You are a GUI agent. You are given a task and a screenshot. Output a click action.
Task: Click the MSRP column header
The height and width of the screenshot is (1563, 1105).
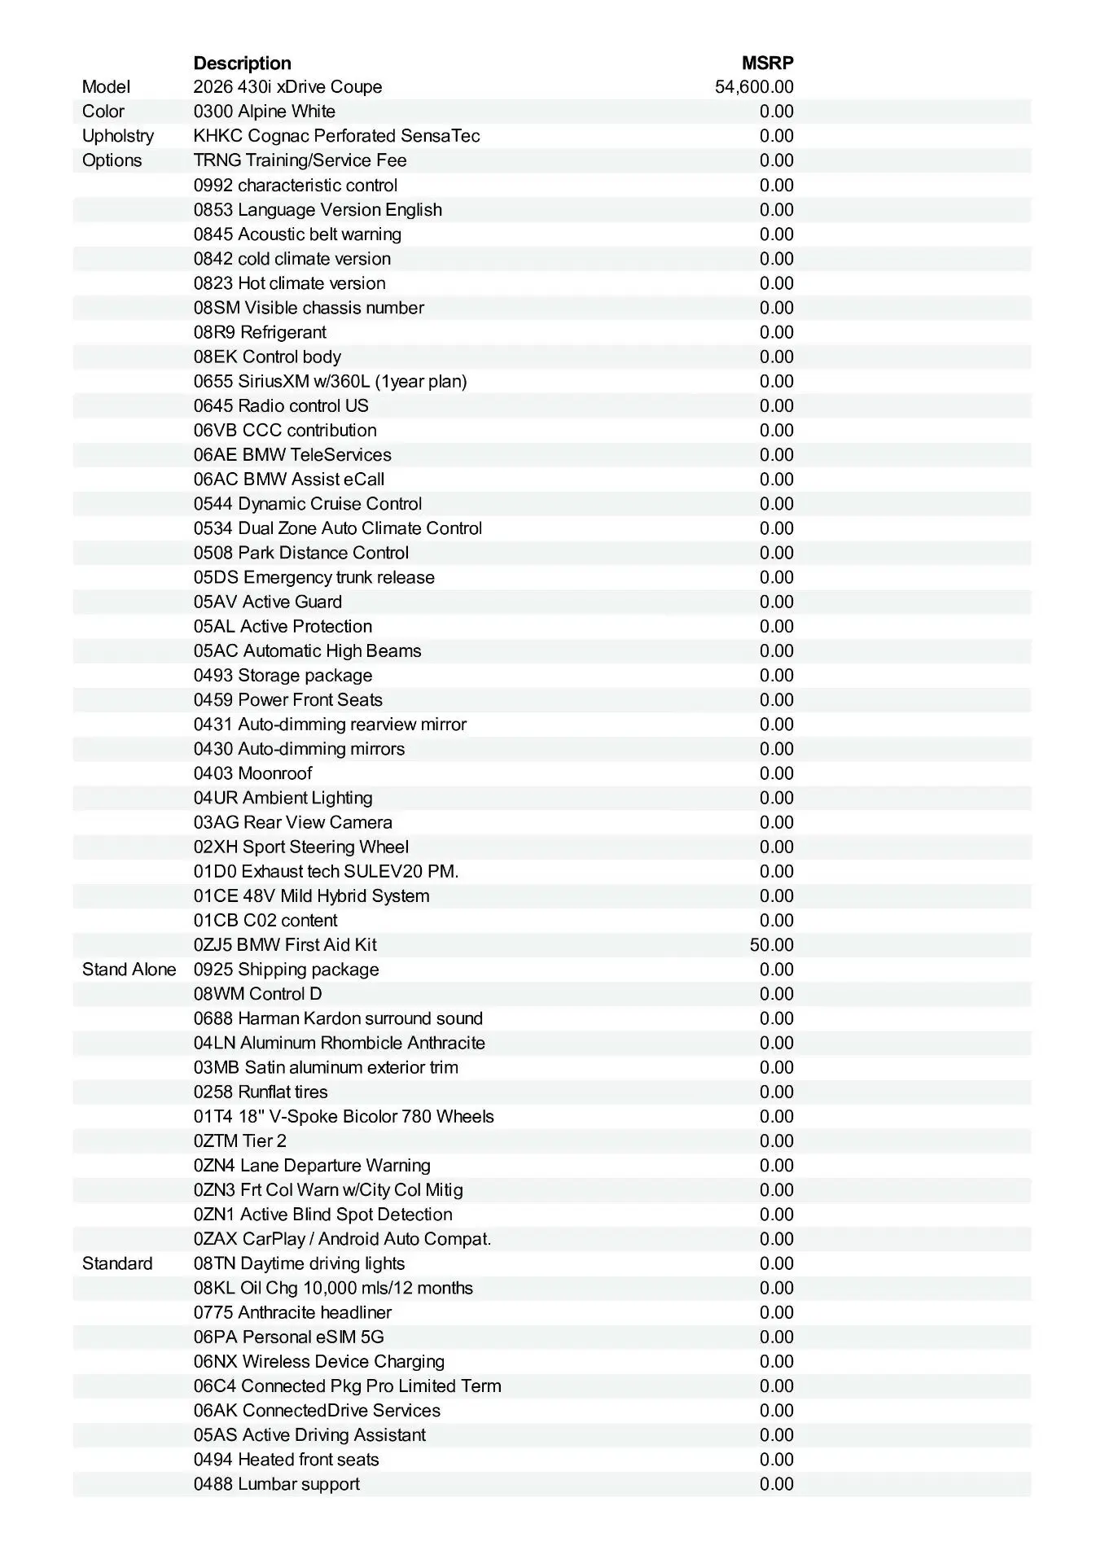767,63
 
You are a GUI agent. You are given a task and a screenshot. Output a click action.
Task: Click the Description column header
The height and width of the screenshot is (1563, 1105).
242,63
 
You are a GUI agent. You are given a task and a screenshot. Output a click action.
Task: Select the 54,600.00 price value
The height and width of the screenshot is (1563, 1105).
754,87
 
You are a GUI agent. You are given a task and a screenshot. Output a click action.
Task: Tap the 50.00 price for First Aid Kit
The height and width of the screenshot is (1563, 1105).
771,945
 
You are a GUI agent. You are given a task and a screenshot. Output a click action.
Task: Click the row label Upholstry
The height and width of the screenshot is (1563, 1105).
118,136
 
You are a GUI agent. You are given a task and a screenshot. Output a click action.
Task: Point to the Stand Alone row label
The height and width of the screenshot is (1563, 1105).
129,970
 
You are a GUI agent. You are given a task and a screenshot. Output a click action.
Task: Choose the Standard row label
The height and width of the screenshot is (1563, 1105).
117,1263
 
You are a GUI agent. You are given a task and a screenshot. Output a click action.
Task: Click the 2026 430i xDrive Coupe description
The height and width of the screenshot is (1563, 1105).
287,87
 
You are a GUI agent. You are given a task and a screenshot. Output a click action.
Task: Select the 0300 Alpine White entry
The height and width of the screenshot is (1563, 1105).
264,112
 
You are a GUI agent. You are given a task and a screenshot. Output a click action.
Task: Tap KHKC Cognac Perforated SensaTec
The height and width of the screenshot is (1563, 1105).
336,136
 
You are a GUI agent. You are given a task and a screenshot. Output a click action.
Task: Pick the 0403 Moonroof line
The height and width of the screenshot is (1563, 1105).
252,773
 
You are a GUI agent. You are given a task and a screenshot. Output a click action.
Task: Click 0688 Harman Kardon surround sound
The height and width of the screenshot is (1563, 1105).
338,1018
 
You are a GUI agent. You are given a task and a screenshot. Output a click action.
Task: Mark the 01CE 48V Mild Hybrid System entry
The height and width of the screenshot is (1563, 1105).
311,896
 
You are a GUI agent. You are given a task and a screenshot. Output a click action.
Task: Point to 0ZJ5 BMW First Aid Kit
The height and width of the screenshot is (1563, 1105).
285,945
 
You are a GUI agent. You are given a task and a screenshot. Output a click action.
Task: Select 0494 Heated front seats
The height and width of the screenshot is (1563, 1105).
286,1460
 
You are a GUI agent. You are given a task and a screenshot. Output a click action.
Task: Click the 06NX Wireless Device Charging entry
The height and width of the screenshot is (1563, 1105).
318,1361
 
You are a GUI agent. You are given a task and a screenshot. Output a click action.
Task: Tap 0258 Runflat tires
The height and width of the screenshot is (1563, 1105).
261,1092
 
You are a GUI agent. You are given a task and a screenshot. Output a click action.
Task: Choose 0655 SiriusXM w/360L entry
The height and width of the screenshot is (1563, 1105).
330,381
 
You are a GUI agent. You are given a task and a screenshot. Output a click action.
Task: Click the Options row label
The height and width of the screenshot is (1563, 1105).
112,160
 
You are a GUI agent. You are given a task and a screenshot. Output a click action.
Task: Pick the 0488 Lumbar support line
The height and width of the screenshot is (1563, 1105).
276,1484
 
